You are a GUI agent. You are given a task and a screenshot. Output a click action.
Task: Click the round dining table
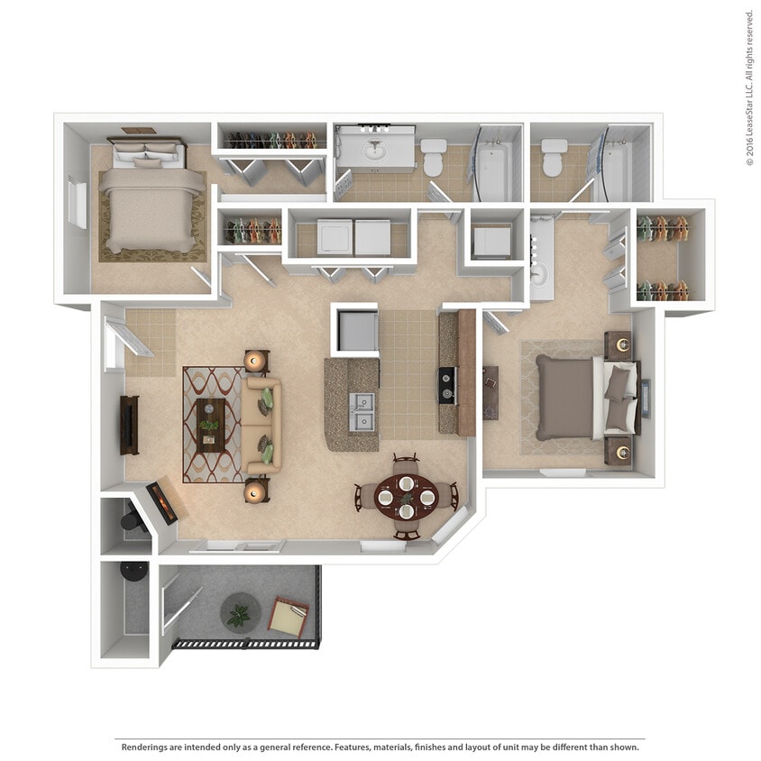406,494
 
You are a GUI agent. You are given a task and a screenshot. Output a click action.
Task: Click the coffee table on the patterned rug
211,425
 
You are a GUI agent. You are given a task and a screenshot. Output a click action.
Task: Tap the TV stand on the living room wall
130,425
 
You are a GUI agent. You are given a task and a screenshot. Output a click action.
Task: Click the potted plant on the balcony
239,614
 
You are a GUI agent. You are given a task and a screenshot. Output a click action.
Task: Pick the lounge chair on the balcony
290,618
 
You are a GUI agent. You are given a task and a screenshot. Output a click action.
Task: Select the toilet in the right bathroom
552,157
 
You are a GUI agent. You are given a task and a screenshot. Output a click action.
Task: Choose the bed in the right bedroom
577,397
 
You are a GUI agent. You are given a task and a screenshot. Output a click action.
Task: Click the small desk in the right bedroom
491,392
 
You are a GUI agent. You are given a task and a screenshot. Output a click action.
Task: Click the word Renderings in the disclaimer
145,747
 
